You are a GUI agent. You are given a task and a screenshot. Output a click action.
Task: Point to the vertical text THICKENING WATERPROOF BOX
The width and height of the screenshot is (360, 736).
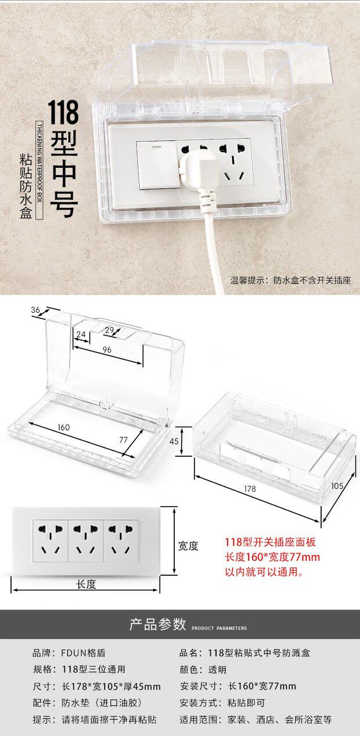[39, 171]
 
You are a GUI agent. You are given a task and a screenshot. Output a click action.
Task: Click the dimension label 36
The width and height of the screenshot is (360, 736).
[35, 311]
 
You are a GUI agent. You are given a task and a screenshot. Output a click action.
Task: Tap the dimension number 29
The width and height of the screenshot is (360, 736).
[109, 330]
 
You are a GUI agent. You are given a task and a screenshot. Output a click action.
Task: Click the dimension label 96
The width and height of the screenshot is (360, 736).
[107, 349]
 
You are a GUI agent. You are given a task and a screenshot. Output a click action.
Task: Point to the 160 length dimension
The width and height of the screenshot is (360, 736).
[64, 427]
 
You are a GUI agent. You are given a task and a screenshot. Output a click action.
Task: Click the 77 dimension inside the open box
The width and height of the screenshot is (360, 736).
[123, 439]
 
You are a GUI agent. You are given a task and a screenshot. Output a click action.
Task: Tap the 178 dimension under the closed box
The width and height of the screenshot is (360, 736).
[250, 489]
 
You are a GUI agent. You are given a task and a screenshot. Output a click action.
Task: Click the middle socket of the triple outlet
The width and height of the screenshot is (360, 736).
[86, 540]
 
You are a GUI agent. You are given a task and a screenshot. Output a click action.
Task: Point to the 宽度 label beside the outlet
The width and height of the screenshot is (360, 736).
[188, 546]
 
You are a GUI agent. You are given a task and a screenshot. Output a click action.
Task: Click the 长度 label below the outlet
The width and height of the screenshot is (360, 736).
[86, 585]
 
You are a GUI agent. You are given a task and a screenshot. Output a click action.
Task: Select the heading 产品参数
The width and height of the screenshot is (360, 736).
[157, 625]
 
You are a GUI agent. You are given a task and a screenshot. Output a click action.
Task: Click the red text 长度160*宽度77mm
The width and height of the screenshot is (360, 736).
[272, 557]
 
